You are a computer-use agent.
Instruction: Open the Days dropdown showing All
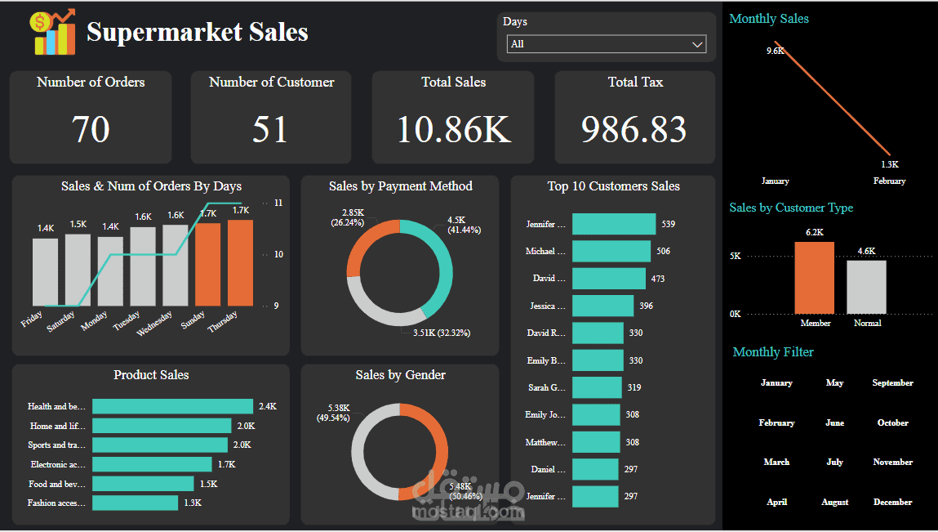606,44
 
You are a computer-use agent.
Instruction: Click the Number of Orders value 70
90,129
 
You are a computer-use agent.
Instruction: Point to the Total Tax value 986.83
634,129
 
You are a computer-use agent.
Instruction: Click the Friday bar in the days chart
46,271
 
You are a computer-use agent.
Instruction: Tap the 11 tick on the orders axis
278,203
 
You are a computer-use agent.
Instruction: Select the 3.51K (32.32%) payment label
441,333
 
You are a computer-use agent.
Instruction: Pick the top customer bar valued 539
613,224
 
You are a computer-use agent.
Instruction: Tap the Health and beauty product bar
172,406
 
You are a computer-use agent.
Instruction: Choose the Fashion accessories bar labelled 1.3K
135,503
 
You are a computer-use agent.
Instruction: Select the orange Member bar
814,278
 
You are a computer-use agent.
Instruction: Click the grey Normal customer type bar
866,287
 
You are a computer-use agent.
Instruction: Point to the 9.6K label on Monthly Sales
775,51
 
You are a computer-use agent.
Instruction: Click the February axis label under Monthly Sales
888,181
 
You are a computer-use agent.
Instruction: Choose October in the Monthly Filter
892,422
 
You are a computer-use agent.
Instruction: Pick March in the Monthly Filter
776,462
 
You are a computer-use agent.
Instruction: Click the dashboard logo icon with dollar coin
51,33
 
